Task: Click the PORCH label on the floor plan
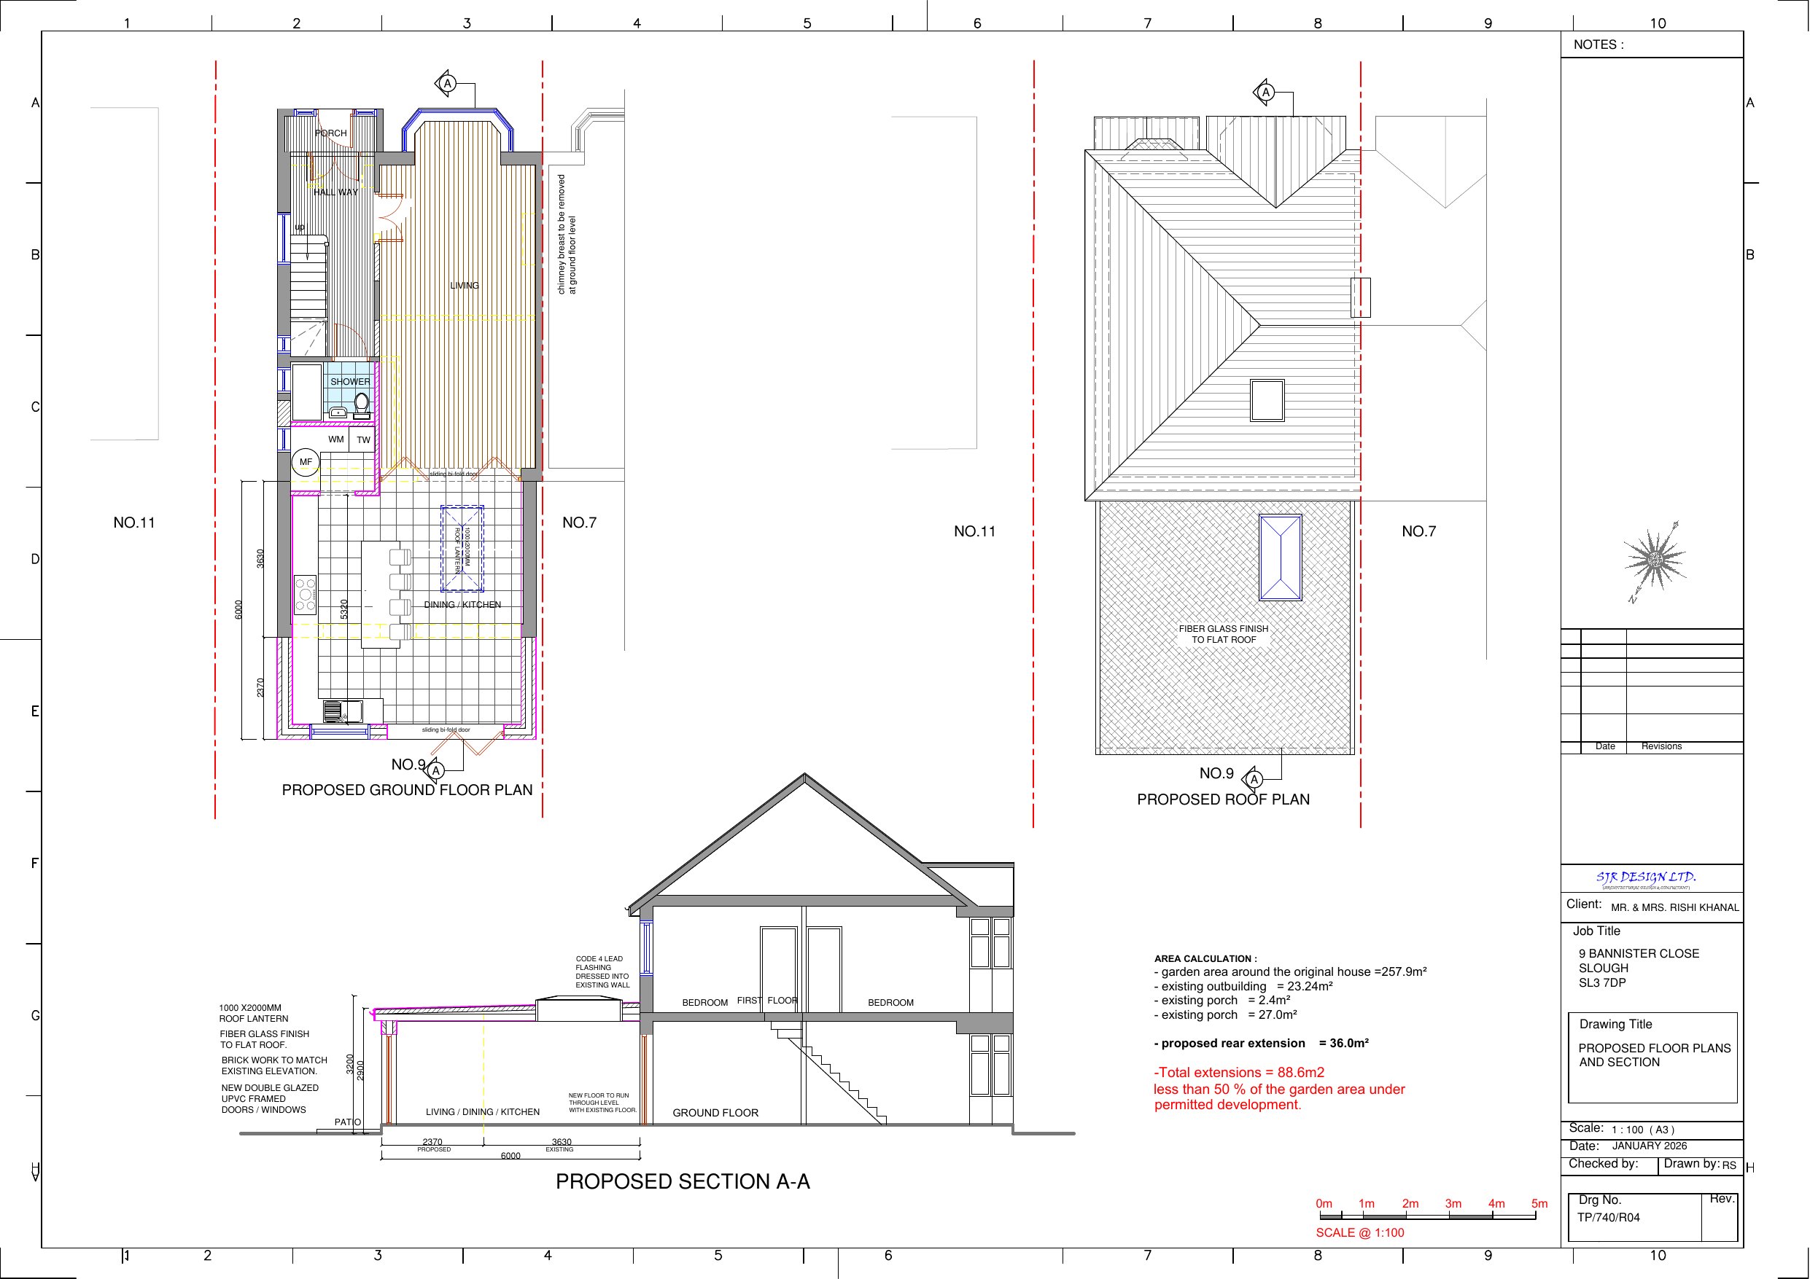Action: tap(330, 133)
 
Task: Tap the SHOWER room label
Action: tap(350, 382)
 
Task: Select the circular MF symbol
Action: tap(306, 463)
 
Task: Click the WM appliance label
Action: tap(336, 439)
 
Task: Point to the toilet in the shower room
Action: tap(361, 404)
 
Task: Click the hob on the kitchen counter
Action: tap(305, 595)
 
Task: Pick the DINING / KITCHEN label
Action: tap(462, 605)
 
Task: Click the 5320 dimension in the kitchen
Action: tap(344, 609)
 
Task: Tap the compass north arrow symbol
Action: tap(1655, 560)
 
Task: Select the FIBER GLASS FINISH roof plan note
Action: tap(1224, 634)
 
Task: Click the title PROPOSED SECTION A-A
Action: tap(683, 1182)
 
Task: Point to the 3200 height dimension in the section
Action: tap(350, 1065)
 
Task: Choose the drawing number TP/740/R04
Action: tap(1608, 1218)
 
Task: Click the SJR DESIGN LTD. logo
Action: tap(1646, 878)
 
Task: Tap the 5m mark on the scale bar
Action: tap(1539, 1204)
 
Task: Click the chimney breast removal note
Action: tap(567, 235)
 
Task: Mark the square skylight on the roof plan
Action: tap(1267, 400)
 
